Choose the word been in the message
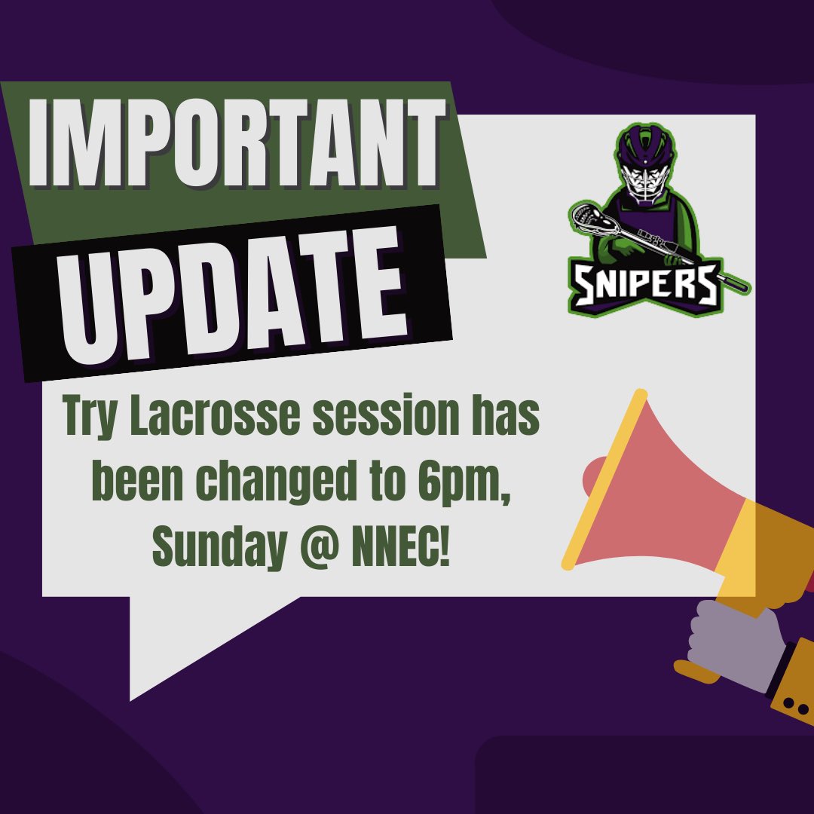130,486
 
